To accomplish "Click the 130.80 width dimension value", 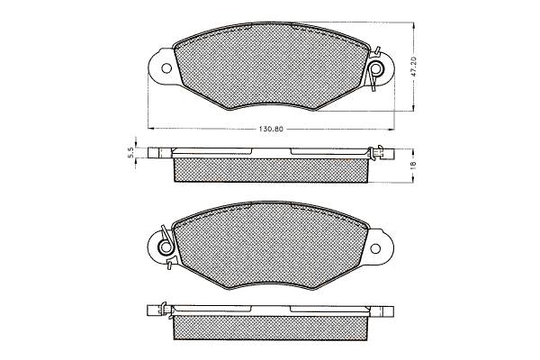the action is [x=271, y=130].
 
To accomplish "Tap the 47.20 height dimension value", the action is [x=414, y=66].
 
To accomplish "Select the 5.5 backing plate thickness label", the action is [x=130, y=152].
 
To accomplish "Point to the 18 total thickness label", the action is [x=414, y=165].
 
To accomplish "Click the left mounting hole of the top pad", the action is [x=166, y=68].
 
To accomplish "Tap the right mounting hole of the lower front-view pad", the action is [x=375, y=248].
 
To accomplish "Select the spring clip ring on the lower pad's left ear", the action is [x=166, y=247].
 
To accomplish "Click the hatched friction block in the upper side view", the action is [x=271, y=170].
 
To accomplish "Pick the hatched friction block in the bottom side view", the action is [x=271, y=328].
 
